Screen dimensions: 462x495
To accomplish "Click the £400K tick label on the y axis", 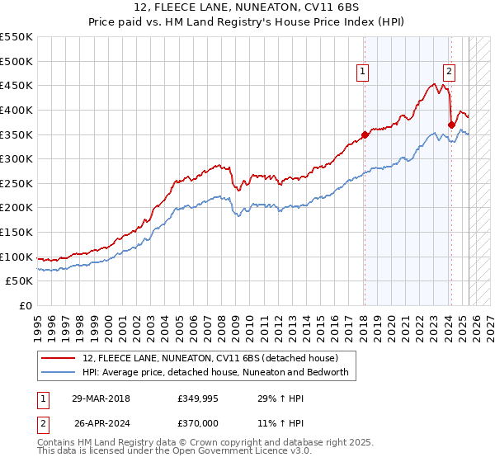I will pos(16,110).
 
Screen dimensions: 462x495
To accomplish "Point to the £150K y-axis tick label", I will pos(16,232).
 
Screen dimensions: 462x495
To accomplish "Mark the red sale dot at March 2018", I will pos(365,134).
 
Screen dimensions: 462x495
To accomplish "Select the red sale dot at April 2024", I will pos(451,125).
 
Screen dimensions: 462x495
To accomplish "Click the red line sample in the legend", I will pos(58,358).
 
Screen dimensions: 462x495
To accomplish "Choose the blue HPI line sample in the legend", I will pos(58,372).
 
